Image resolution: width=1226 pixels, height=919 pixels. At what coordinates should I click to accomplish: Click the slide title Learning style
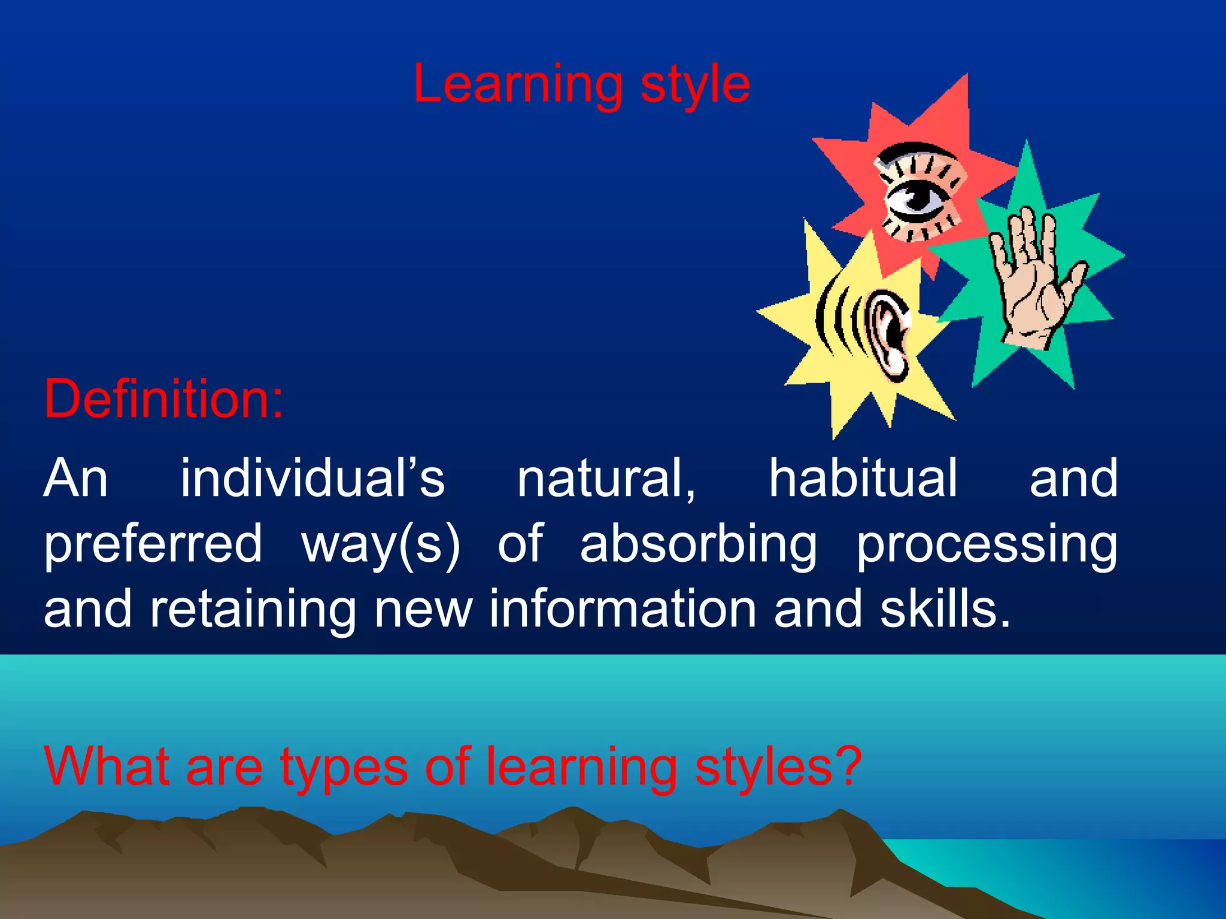[581, 85]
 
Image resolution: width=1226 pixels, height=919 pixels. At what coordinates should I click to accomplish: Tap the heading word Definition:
[163, 399]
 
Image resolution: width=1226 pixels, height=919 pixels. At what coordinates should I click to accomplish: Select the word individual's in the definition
[312, 478]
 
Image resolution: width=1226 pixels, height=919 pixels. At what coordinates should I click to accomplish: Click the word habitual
[863, 478]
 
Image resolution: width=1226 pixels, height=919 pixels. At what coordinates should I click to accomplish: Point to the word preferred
[153, 544]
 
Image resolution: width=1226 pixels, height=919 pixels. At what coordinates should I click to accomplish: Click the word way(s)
[381, 544]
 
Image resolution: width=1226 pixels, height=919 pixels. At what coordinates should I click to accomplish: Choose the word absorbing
[698, 544]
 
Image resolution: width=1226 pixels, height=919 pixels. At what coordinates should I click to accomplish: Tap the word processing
[986, 544]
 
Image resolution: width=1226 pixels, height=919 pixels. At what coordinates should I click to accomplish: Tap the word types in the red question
[344, 769]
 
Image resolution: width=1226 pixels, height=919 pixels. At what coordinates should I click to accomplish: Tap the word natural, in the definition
[606, 478]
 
